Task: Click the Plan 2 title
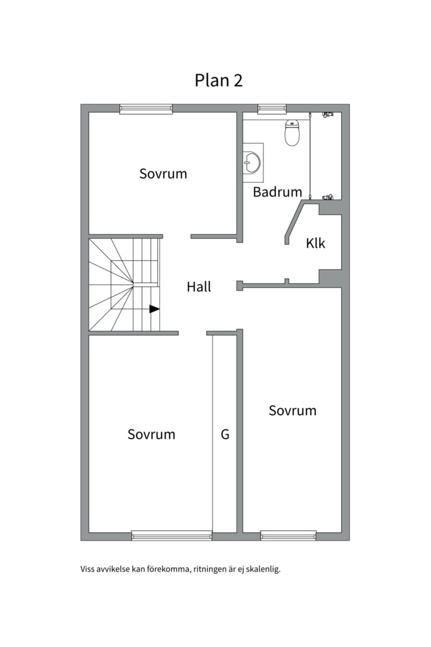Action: tap(218, 80)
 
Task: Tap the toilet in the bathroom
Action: tap(292, 132)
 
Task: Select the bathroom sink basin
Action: tap(251, 162)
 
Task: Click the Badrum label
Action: tap(277, 192)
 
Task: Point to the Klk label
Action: tap(315, 243)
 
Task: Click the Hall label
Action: tap(199, 287)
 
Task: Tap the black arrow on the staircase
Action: tap(154, 309)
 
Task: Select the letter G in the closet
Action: tap(225, 434)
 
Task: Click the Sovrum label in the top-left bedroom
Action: tap(163, 174)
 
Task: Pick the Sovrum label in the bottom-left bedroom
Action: tap(151, 434)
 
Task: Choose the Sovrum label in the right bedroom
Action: tap(292, 410)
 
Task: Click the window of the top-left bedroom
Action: tap(146, 109)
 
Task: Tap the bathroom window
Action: tap(272, 109)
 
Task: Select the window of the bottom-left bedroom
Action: tap(172, 536)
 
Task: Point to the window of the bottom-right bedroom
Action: tap(289, 536)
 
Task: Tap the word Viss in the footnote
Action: tap(87, 570)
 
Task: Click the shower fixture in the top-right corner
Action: tap(328, 114)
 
